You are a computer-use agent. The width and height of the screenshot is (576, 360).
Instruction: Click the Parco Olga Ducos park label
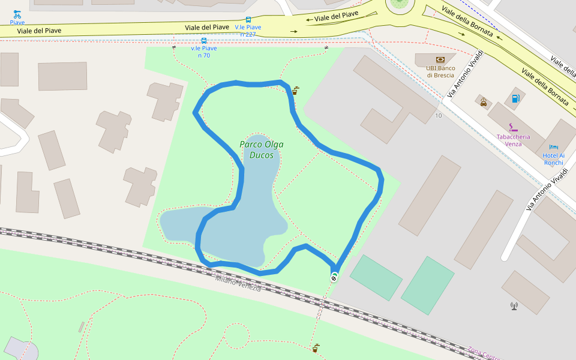(x=261, y=149)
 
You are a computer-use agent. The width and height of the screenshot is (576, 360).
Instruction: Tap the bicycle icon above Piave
(x=17, y=13)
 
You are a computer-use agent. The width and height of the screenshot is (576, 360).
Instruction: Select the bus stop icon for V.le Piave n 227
(x=248, y=19)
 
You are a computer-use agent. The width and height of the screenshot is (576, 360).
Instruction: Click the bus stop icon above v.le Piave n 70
(x=204, y=41)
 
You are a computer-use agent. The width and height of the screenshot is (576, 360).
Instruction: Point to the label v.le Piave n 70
(x=204, y=52)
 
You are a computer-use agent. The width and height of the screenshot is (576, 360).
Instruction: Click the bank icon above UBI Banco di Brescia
(x=440, y=59)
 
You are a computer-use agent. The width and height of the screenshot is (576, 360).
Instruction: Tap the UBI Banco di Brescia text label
(x=440, y=71)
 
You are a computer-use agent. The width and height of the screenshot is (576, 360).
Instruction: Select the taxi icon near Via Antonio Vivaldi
(x=484, y=102)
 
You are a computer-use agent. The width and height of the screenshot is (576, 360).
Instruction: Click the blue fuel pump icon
(x=514, y=98)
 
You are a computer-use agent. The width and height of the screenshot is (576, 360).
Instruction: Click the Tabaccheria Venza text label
(x=513, y=140)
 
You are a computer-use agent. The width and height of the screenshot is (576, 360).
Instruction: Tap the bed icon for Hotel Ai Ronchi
(x=554, y=147)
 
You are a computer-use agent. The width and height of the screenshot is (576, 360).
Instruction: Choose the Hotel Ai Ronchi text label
(x=554, y=159)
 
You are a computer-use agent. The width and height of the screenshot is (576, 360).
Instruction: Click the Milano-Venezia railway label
(x=238, y=284)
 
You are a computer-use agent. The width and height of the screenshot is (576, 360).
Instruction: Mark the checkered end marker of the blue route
(x=334, y=277)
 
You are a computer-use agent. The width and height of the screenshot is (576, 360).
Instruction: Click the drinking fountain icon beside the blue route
(x=295, y=91)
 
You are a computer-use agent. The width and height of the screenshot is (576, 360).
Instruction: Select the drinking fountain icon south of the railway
(x=316, y=347)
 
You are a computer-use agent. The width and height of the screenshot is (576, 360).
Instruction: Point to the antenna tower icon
(x=514, y=306)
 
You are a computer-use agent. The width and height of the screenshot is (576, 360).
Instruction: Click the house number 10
(x=439, y=115)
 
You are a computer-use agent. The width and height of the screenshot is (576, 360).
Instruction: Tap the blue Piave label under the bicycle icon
(x=17, y=23)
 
